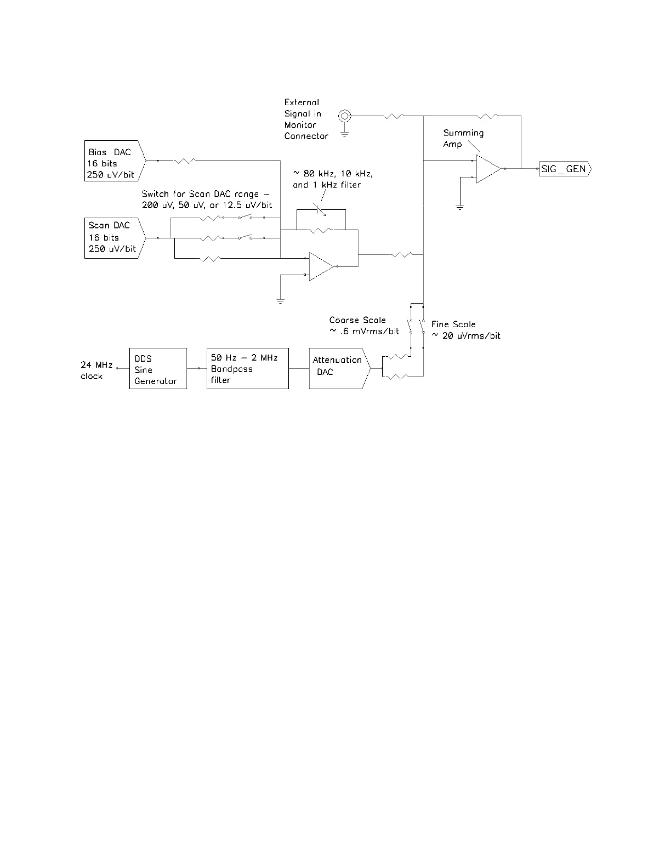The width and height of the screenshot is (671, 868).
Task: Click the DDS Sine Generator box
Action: [158, 369]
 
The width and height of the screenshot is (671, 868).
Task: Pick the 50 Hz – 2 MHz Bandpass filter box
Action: [247, 369]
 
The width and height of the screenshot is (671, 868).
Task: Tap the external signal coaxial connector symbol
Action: [344, 116]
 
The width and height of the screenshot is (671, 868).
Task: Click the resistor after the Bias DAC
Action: [185, 161]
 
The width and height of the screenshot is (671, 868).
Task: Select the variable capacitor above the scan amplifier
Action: [320, 210]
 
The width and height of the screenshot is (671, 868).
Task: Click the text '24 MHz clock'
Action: [96, 370]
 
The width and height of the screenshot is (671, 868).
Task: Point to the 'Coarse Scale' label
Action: [358, 320]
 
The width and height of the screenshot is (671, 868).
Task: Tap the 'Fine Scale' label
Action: [453, 324]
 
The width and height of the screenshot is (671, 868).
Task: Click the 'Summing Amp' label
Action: [463, 138]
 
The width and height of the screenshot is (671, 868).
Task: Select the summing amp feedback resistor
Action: [487, 116]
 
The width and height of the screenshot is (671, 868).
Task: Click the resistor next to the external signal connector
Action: [394, 116]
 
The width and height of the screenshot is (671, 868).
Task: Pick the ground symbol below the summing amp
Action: [460, 207]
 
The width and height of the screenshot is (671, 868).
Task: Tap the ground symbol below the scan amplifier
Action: [280, 300]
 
